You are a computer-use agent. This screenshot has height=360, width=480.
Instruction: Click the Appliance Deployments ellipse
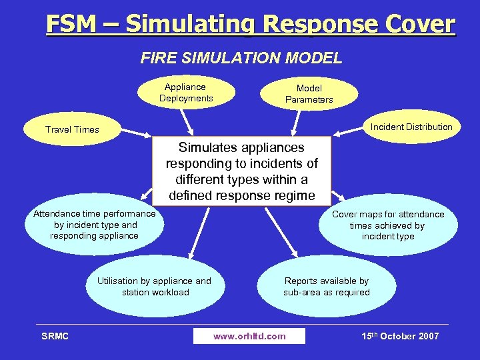point(186,93)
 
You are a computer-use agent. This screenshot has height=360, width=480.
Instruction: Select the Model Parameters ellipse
point(309,94)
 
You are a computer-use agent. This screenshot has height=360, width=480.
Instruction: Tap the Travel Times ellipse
point(72,129)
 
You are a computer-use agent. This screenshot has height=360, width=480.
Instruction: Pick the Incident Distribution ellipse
point(411,127)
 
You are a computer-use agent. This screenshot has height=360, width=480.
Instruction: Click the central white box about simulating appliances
point(241,172)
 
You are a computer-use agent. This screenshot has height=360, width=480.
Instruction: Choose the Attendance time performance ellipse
point(94,225)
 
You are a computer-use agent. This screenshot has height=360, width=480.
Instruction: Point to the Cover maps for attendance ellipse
point(387,225)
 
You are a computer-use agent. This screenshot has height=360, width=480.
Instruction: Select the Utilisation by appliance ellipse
point(154,287)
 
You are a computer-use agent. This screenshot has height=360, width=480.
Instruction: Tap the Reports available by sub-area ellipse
point(326,287)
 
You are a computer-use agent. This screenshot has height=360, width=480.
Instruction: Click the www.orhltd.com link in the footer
point(249,336)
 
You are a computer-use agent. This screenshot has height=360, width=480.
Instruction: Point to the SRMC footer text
point(55,336)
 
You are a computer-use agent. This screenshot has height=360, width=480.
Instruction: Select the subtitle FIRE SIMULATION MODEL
point(241,58)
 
